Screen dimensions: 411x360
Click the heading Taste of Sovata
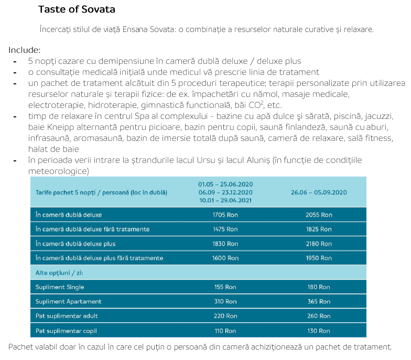[x=77, y=9]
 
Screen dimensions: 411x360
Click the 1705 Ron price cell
[x=225, y=215]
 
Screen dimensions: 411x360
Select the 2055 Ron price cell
[x=319, y=215]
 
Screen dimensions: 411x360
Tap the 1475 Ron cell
[x=225, y=230]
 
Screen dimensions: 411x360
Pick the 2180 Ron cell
[x=319, y=244]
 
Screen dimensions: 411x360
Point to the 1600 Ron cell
[x=225, y=258]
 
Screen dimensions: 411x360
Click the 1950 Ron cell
[x=319, y=258]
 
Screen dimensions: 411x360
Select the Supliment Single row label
[x=60, y=287]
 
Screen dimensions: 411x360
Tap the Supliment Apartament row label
[x=68, y=302]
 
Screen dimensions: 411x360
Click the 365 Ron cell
[x=319, y=302]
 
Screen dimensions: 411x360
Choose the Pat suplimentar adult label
[x=67, y=316]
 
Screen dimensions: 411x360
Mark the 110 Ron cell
[x=225, y=331]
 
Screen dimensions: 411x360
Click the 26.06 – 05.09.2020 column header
[x=319, y=192]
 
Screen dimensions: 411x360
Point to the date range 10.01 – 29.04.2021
[x=225, y=200]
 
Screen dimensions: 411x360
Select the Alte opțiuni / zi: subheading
[x=59, y=272]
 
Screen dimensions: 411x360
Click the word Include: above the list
[x=24, y=50]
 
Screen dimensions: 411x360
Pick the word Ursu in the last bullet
[x=206, y=160]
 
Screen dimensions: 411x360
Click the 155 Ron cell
[x=225, y=287]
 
